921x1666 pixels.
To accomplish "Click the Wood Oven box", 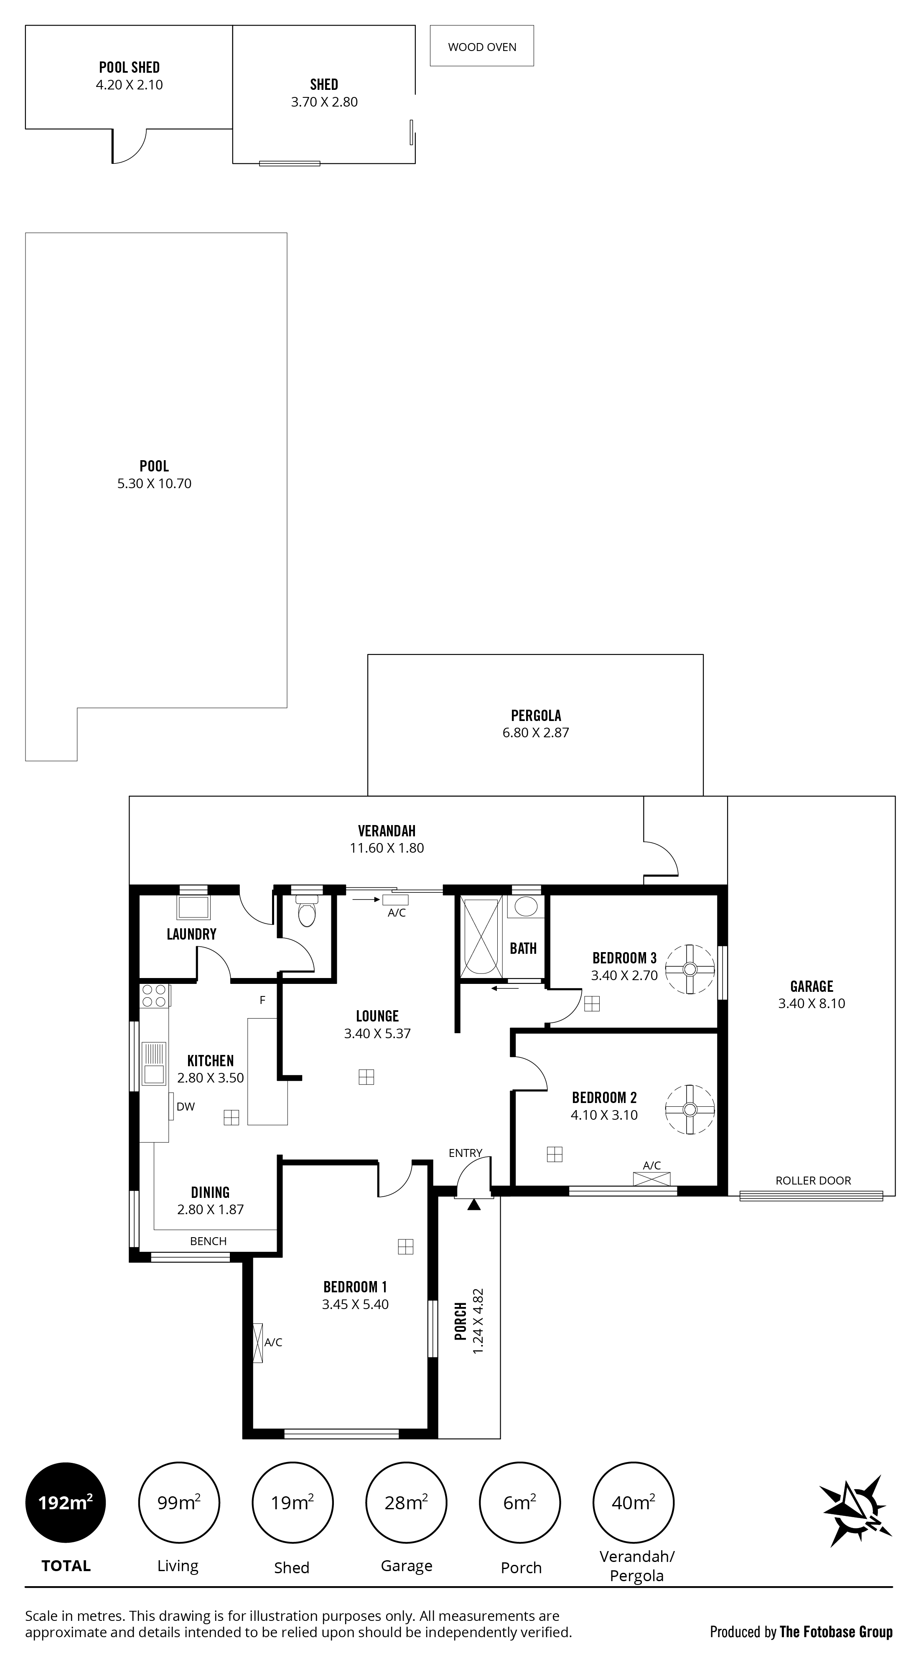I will pyautogui.click(x=482, y=46).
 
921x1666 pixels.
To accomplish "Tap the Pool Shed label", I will pyautogui.click(x=130, y=67).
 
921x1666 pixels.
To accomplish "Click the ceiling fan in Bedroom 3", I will pyautogui.click(x=689, y=969).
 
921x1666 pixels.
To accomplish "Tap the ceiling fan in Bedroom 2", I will pyautogui.click(x=689, y=1109).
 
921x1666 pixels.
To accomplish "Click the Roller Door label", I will pyautogui.click(x=813, y=1180).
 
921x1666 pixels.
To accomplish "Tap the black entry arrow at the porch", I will pyautogui.click(x=474, y=1204).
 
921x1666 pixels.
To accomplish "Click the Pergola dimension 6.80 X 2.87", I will pyautogui.click(x=536, y=733).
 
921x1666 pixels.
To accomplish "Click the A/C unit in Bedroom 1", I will pyautogui.click(x=258, y=1342).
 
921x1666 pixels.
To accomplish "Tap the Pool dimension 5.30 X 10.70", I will pyautogui.click(x=154, y=484).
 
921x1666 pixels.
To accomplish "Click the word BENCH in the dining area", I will pyautogui.click(x=208, y=1241).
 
